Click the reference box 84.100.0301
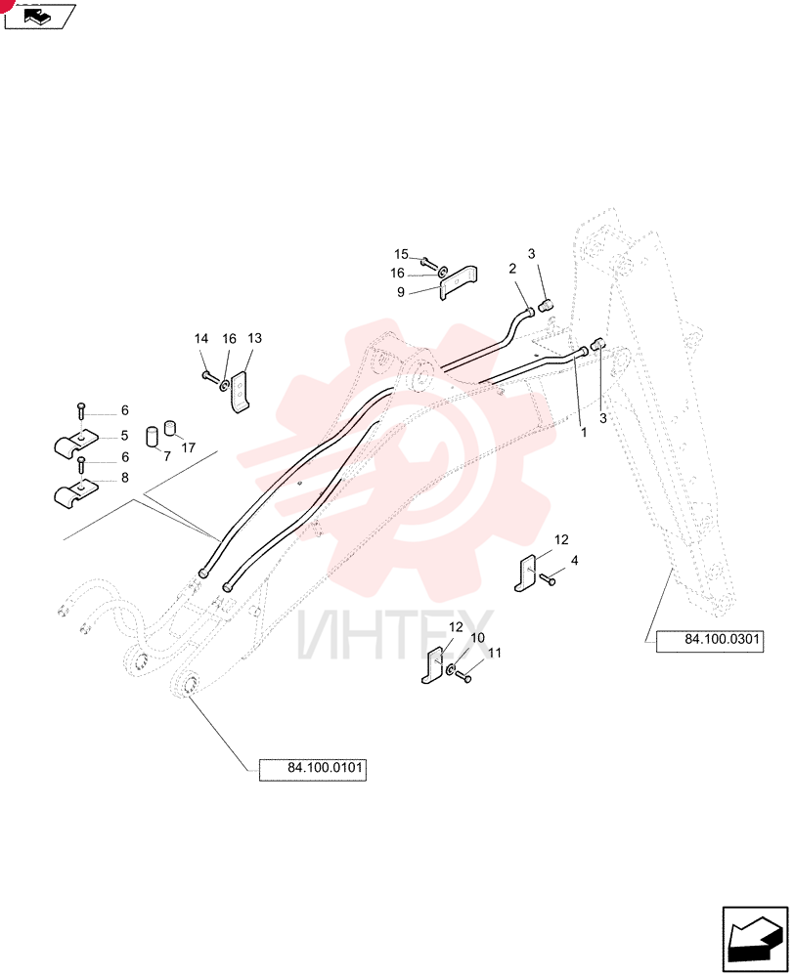[709, 641]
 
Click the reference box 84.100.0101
[313, 770]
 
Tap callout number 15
[401, 254]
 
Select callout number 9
[401, 291]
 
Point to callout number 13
[254, 338]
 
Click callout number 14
[200, 338]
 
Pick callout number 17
[189, 447]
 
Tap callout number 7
[166, 456]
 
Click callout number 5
[125, 436]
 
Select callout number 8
[125, 478]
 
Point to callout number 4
[574, 561]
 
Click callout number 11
[495, 653]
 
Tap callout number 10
[477, 638]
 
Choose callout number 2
[512, 269]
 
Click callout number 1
[584, 433]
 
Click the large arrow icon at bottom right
[755, 940]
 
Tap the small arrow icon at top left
[40, 17]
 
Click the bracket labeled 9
[459, 282]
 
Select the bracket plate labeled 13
[240, 392]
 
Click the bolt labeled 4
[547, 579]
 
